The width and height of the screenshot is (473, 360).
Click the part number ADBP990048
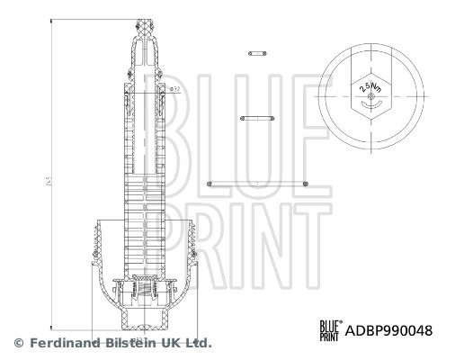point(389,330)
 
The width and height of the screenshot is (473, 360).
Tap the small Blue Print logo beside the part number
point(330,330)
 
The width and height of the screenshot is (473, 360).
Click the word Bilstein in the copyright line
point(131,343)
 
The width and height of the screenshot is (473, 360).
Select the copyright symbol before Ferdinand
point(17,343)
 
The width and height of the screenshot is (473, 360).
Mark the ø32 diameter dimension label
point(174,89)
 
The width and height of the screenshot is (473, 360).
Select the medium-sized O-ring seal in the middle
point(257,117)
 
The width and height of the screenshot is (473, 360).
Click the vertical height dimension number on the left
point(48,182)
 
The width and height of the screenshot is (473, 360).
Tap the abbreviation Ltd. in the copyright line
point(198,343)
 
